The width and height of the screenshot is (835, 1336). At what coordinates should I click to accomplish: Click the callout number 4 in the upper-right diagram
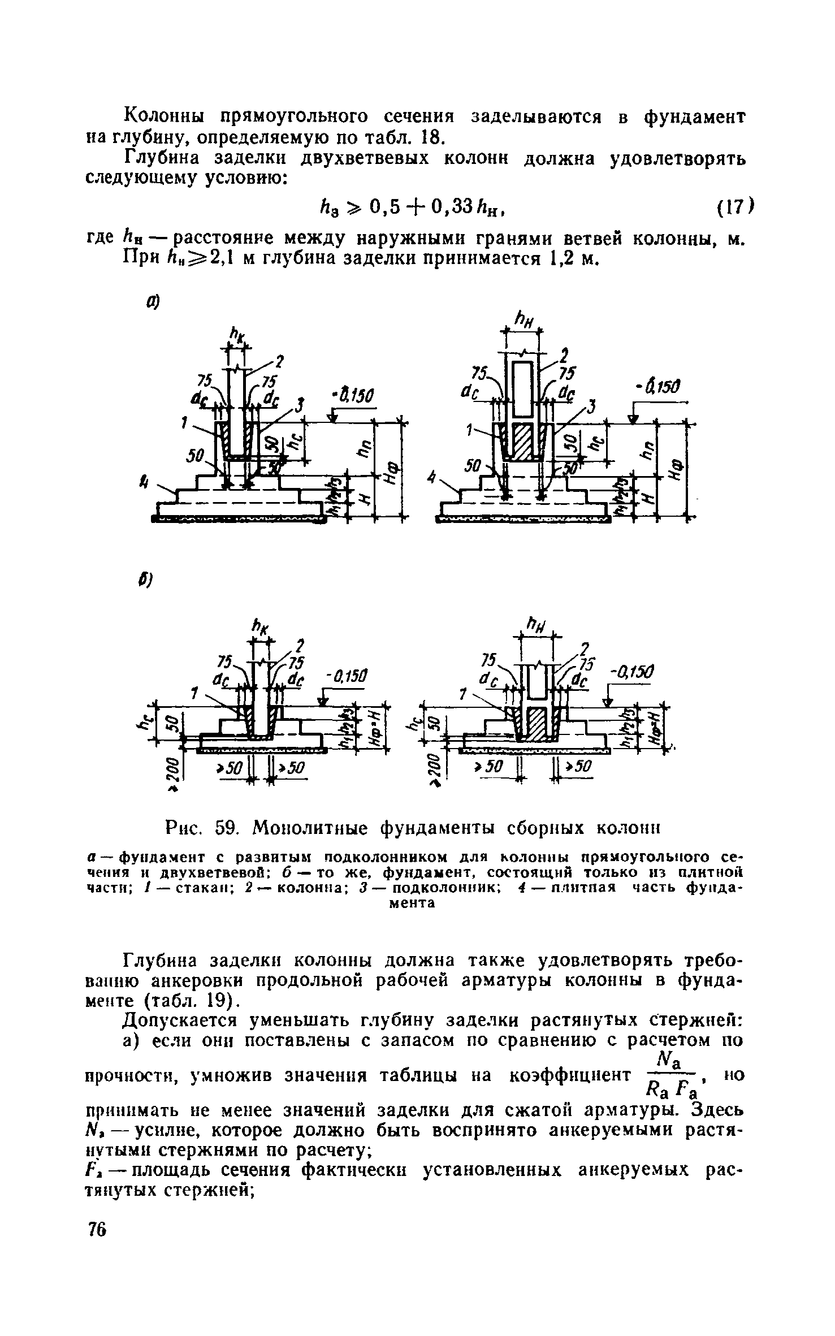click(432, 478)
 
